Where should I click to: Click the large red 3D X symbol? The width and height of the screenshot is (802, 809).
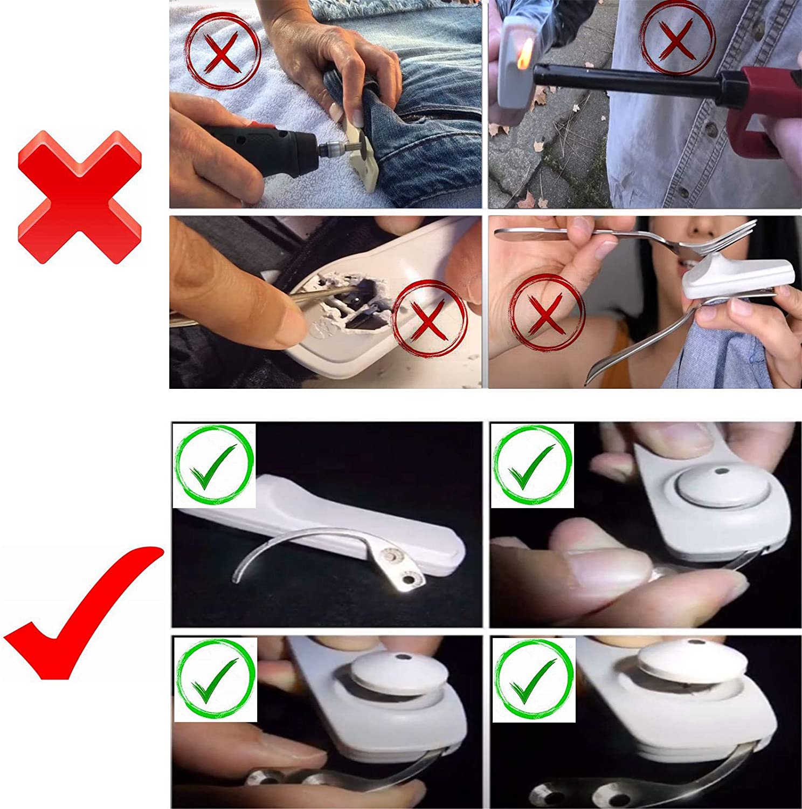pos(79,197)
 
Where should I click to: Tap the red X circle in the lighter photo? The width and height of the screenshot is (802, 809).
pos(677,39)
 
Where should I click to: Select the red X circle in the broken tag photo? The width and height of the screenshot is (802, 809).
pos(429,319)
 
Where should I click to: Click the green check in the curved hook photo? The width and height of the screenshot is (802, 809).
pos(214,465)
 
